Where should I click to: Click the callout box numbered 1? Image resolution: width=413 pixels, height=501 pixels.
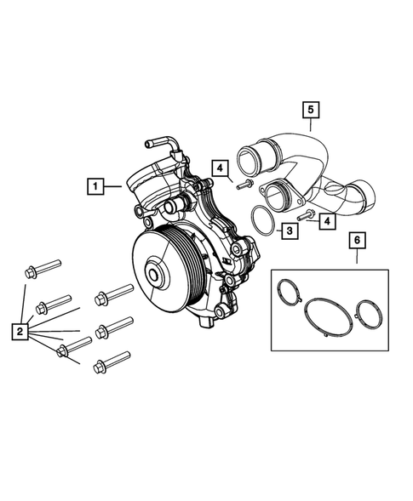point(95,185)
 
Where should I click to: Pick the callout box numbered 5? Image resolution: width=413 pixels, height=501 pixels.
point(311,110)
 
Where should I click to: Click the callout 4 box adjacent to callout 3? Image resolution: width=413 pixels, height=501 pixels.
point(328,220)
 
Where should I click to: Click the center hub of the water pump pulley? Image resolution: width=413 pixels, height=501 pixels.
point(157,276)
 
